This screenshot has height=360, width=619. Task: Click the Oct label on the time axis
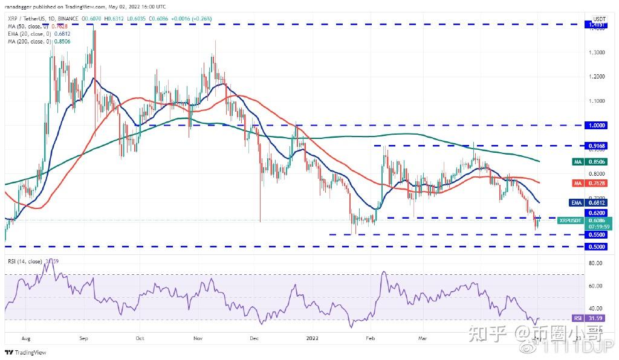[x=140, y=339]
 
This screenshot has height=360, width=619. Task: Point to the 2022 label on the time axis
[x=313, y=339]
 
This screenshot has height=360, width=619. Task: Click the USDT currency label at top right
[x=600, y=19]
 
